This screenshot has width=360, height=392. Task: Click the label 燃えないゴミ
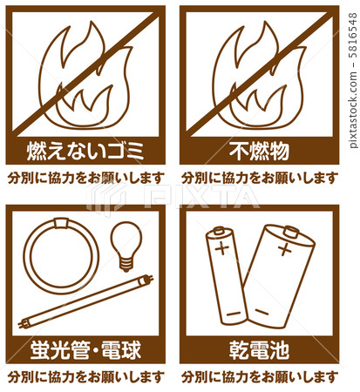pos(85,151)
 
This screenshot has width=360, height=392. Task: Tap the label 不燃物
pos(259,151)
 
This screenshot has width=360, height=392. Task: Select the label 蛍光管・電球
pos(85,349)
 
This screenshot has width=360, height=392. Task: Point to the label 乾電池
pos(259,349)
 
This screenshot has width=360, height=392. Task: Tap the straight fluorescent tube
pos(85,301)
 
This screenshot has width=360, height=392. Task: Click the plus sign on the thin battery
pos(221,248)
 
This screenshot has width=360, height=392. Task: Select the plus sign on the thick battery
pos(284,249)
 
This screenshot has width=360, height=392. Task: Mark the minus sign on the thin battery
pos(234,314)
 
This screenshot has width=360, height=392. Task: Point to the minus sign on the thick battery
pos(262,312)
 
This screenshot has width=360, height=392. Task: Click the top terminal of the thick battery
pos(291,232)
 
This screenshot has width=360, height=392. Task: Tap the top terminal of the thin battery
pos(219,231)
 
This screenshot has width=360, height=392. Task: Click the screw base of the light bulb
pos(126,265)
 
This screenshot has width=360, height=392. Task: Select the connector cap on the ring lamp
pos(61,223)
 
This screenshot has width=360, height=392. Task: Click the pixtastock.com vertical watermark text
pos(352,80)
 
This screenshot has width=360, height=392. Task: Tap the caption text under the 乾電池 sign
pos(260,376)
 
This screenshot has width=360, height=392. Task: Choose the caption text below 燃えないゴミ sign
pos(86,178)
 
